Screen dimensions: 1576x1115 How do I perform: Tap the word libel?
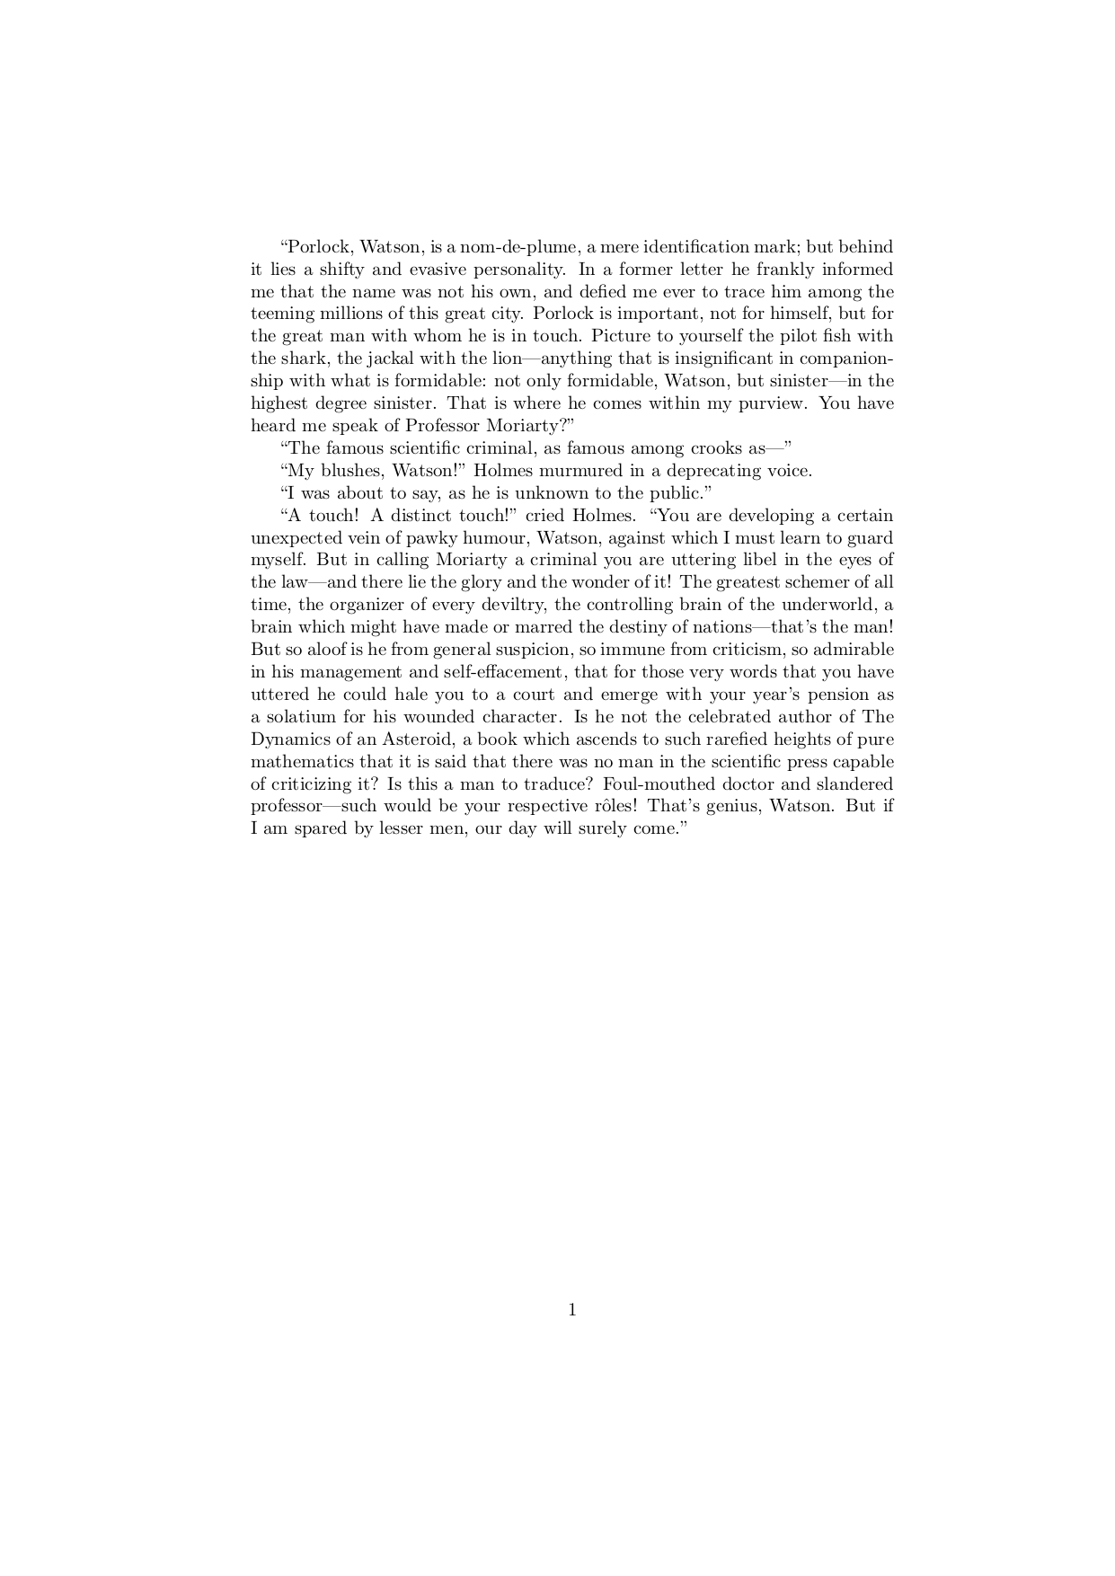click(x=743, y=561)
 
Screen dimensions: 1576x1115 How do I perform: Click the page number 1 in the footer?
click(x=572, y=1310)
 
